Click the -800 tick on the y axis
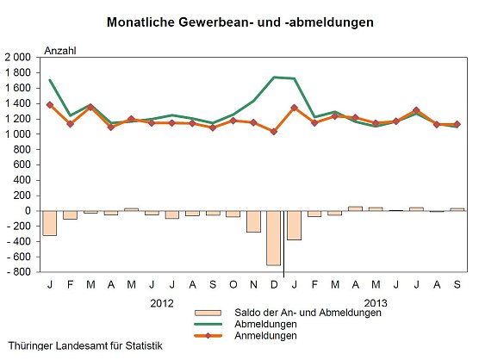19,272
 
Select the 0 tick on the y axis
29,211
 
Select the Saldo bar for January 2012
49,223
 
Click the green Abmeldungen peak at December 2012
274,78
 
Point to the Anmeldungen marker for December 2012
274,132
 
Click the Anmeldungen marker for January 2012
49,105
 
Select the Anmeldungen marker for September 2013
457,124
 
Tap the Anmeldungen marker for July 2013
416,110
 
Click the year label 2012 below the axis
162,303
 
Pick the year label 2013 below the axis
376,303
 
